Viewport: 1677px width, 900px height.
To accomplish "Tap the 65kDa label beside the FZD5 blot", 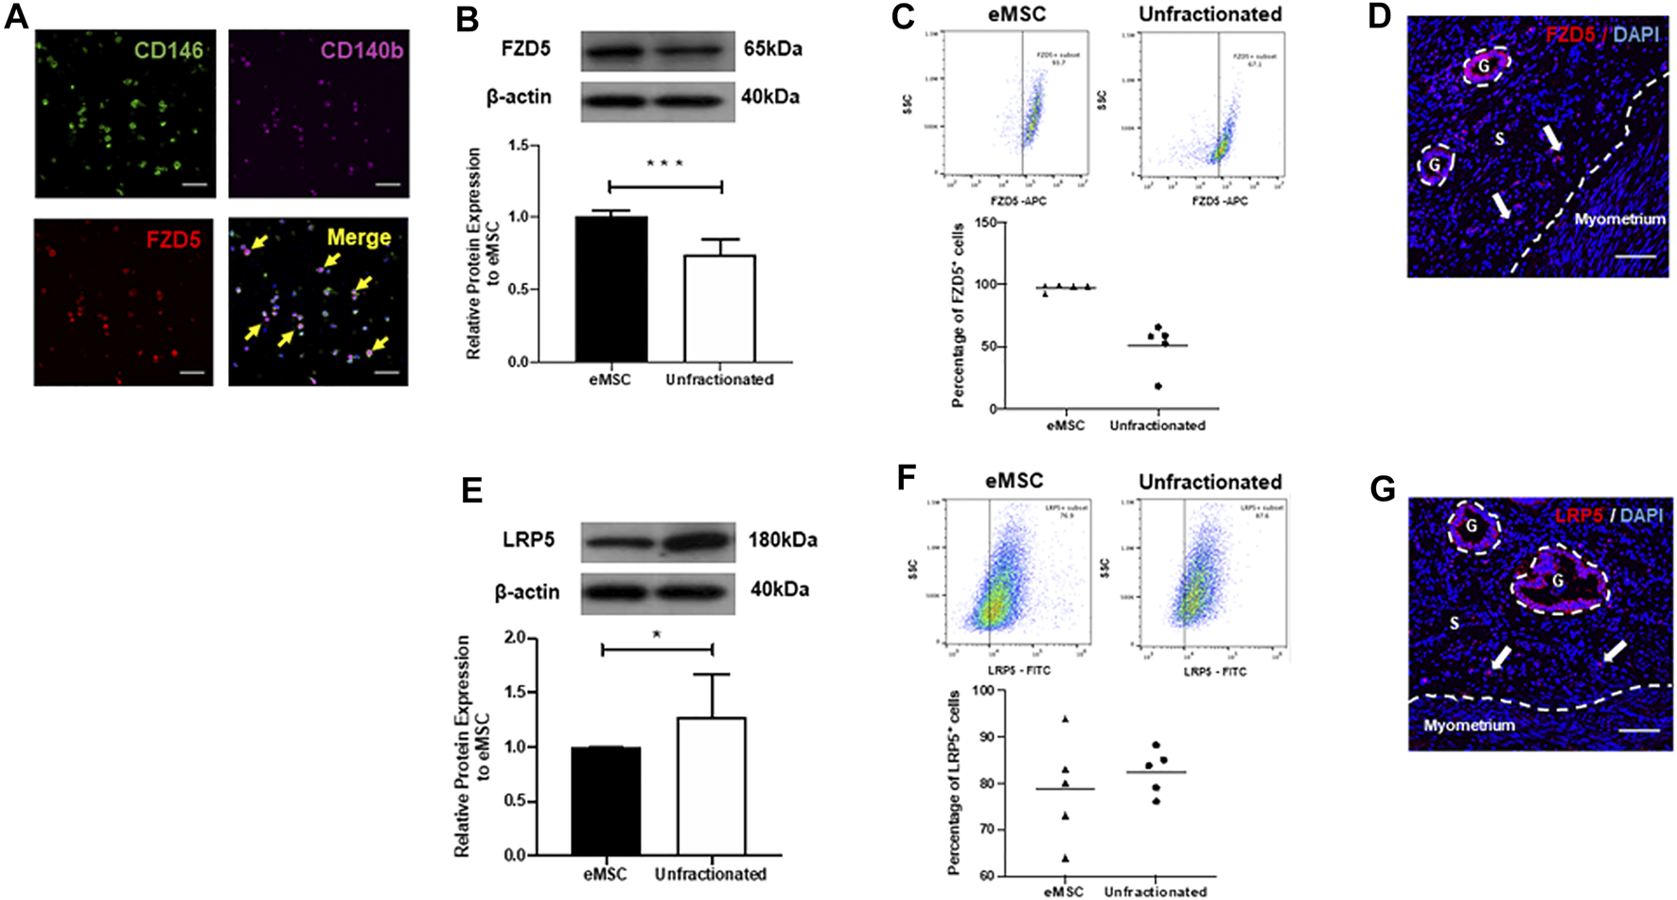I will pos(772,48).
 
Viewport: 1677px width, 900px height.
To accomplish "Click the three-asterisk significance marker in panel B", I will pos(664,164).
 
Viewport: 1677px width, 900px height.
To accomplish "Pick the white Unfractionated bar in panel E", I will pos(711,785).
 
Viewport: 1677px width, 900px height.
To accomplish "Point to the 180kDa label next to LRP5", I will pos(782,540).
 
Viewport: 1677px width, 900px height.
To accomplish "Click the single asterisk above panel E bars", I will pos(657,636).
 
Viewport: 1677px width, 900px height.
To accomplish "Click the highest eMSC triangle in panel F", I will pos(1066,719).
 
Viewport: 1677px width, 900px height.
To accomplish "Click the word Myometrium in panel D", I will pos(1619,219).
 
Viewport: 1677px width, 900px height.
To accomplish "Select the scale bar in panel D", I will pos(1642,256).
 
